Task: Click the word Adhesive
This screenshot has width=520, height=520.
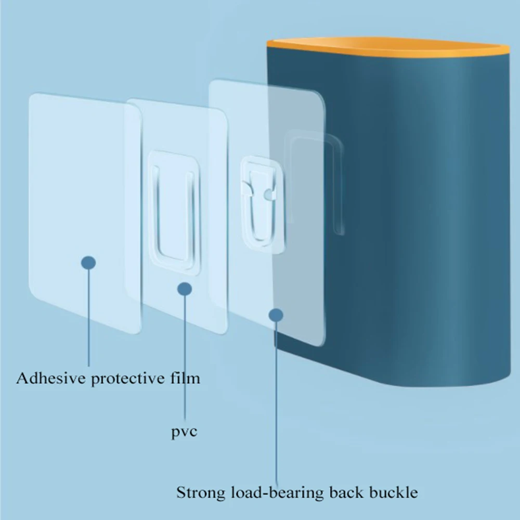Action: (51, 378)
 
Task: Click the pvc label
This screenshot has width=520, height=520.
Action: (184, 432)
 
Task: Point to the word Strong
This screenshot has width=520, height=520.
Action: (200, 492)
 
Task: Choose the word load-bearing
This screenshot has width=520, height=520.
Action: (277, 492)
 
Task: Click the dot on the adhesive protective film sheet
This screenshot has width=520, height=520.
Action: (88, 263)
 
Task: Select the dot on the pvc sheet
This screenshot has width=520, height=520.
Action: (185, 289)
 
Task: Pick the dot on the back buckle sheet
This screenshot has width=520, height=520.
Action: (276, 315)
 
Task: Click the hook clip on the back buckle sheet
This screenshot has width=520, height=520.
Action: (263, 204)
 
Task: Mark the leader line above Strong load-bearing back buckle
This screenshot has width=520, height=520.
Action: (276, 404)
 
